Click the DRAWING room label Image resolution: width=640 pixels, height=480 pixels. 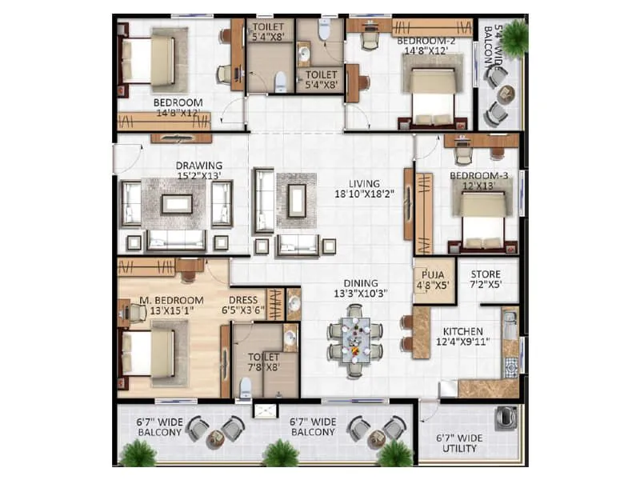tap(199, 166)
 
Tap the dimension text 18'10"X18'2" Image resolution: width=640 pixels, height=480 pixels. tap(358, 194)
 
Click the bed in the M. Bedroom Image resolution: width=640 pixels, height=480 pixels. tap(147, 353)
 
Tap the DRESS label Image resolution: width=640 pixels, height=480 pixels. tap(242, 301)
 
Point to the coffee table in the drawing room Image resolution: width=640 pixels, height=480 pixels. tap(176, 205)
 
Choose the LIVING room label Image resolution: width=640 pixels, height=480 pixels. tap(358, 183)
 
